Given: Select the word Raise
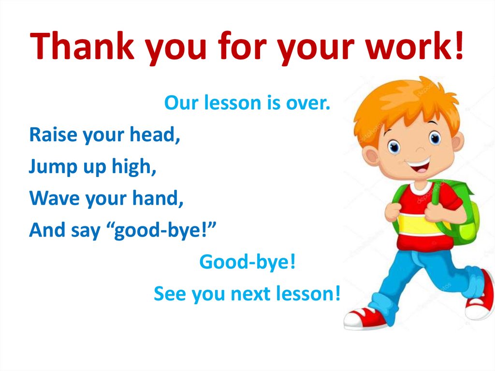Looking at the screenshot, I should tap(53, 134).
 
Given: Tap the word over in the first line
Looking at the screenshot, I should tap(307, 103).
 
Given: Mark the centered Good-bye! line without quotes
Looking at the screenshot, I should tap(247, 262).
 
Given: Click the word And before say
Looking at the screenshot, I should tap(47, 230).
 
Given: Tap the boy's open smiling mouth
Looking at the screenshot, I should tap(419, 167).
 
